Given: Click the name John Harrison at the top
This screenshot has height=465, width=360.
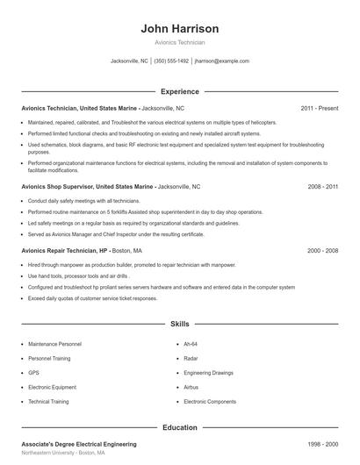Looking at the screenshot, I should [x=179, y=29].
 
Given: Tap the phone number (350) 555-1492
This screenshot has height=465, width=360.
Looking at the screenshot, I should [x=171, y=61].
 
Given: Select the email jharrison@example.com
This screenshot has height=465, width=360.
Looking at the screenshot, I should [x=221, y=61].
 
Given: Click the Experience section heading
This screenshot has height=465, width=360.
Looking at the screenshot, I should [x=179, y=91].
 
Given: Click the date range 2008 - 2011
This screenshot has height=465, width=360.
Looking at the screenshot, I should [x=321, y=187].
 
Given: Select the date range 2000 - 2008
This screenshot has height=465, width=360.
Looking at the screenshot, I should [x=321, y=250].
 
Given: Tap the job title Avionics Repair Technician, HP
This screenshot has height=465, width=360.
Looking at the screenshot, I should [x=63, y=250].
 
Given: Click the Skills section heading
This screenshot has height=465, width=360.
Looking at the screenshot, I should [x=179, y=324].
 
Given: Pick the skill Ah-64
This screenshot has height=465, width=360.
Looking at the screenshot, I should [x=191, y=344].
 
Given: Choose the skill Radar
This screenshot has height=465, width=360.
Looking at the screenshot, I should [x=191, y=358].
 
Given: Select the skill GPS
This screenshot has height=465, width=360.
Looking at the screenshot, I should [x=33, y=372].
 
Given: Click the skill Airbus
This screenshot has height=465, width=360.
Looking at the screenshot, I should [x=192, y=386].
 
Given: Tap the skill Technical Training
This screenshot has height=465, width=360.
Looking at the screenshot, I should [x=48, y=401].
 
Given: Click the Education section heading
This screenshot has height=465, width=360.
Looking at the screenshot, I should [x=179, y=427].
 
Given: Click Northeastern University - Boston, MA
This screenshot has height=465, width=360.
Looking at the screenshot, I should [x=63, y=454].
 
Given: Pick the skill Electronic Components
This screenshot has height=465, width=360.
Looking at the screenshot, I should [x=210, y=401].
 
